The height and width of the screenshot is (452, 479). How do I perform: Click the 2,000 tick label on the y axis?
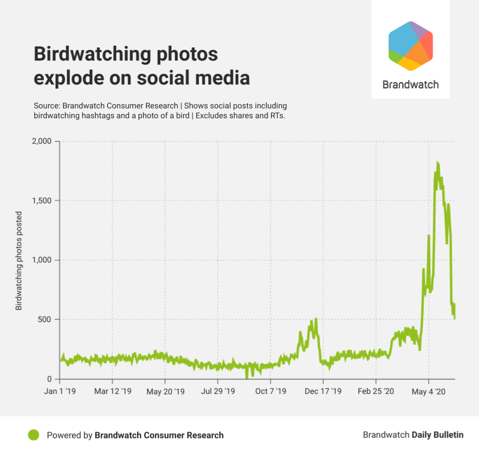[x=43, y=141]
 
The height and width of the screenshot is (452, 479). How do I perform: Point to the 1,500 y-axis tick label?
[x=43, y=201]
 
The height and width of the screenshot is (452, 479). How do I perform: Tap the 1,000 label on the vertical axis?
[x=43, y=260]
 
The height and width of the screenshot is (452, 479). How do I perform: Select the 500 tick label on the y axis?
[x=48, y=320]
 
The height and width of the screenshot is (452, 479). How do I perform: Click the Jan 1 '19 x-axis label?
[x=61, y=391]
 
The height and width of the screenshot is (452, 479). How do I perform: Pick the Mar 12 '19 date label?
[x=113, y=391]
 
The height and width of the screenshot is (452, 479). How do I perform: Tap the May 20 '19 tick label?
[x=165, y=391]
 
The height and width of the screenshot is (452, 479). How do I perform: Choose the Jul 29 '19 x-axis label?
[x=217, y=391]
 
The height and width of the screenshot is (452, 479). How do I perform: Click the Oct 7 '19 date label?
[x=270, y=391]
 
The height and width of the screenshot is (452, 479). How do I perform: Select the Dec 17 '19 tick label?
[x=323, y=391]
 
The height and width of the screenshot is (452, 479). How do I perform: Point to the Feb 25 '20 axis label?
[x=376, y=391]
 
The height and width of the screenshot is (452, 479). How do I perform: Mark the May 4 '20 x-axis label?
[x=429, y=391]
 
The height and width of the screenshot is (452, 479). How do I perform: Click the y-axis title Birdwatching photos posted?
[x=19, y=260]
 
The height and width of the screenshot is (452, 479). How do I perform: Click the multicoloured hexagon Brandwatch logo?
[x=410, y=46]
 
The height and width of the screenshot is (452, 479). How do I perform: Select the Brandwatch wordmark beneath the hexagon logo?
[x=410, y=84]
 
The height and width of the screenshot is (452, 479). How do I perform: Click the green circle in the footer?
[x=33, y=435]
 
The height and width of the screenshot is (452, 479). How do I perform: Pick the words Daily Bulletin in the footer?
[x=437, y=435]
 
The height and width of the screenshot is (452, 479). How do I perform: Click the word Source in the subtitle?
[x=46, y=106]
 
